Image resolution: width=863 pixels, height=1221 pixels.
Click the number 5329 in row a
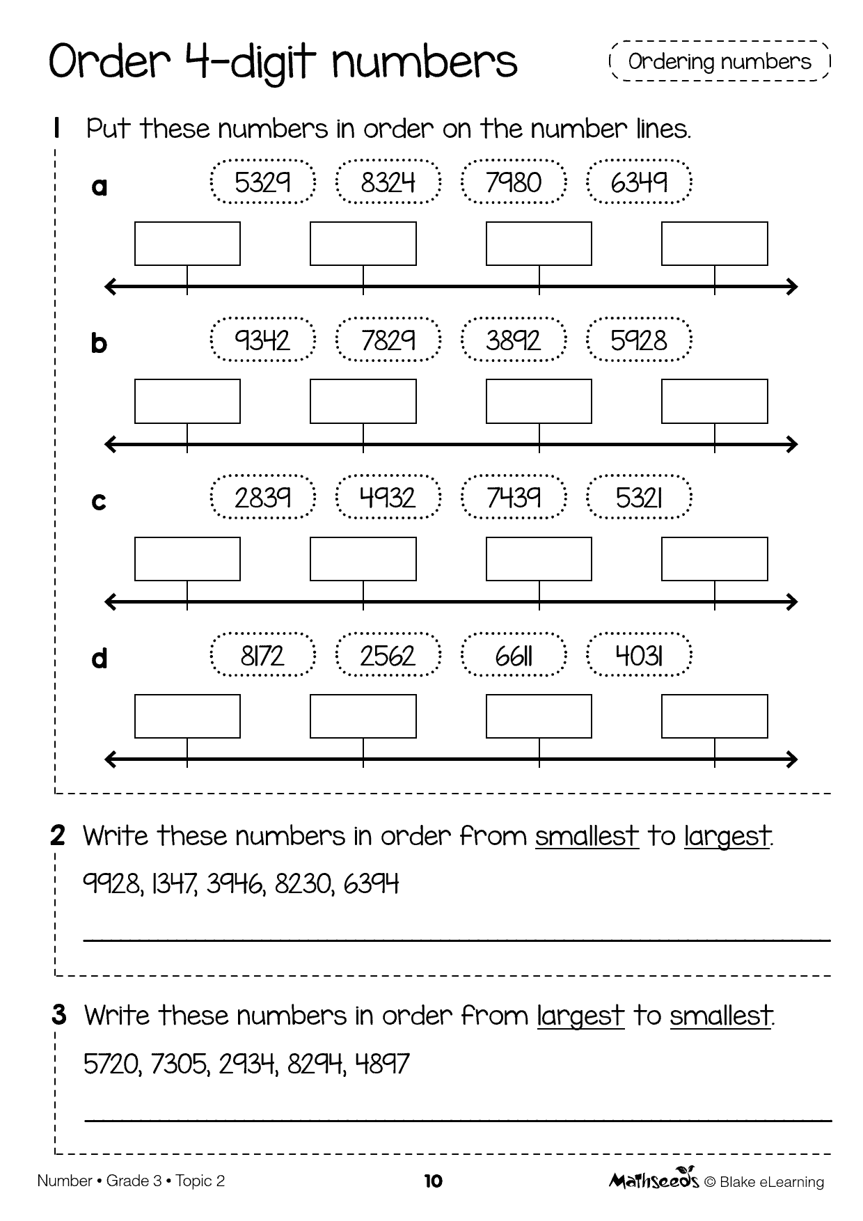point(262,182)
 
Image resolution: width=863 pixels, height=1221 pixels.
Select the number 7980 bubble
point(514,182)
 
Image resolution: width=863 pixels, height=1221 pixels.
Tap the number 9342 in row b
point(262,340)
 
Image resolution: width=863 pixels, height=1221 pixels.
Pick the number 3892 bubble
point(514,340)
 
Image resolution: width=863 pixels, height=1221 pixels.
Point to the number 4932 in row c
point(388,498)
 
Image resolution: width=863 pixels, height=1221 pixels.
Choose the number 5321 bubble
point(640,498)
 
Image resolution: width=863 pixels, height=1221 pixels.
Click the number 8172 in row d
point(262,656)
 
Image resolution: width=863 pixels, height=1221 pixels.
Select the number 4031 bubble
point(640,656)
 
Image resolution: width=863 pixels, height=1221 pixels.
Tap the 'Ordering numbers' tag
point(720,61)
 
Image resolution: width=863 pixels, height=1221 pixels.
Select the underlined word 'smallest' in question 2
point(587,836)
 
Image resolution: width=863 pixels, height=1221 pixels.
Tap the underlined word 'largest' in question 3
point(580,1016)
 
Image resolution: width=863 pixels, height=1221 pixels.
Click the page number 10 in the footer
point(433,1181)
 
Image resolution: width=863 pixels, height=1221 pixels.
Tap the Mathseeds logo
point(654,1180)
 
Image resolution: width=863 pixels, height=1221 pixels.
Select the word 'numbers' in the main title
point(425,63)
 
